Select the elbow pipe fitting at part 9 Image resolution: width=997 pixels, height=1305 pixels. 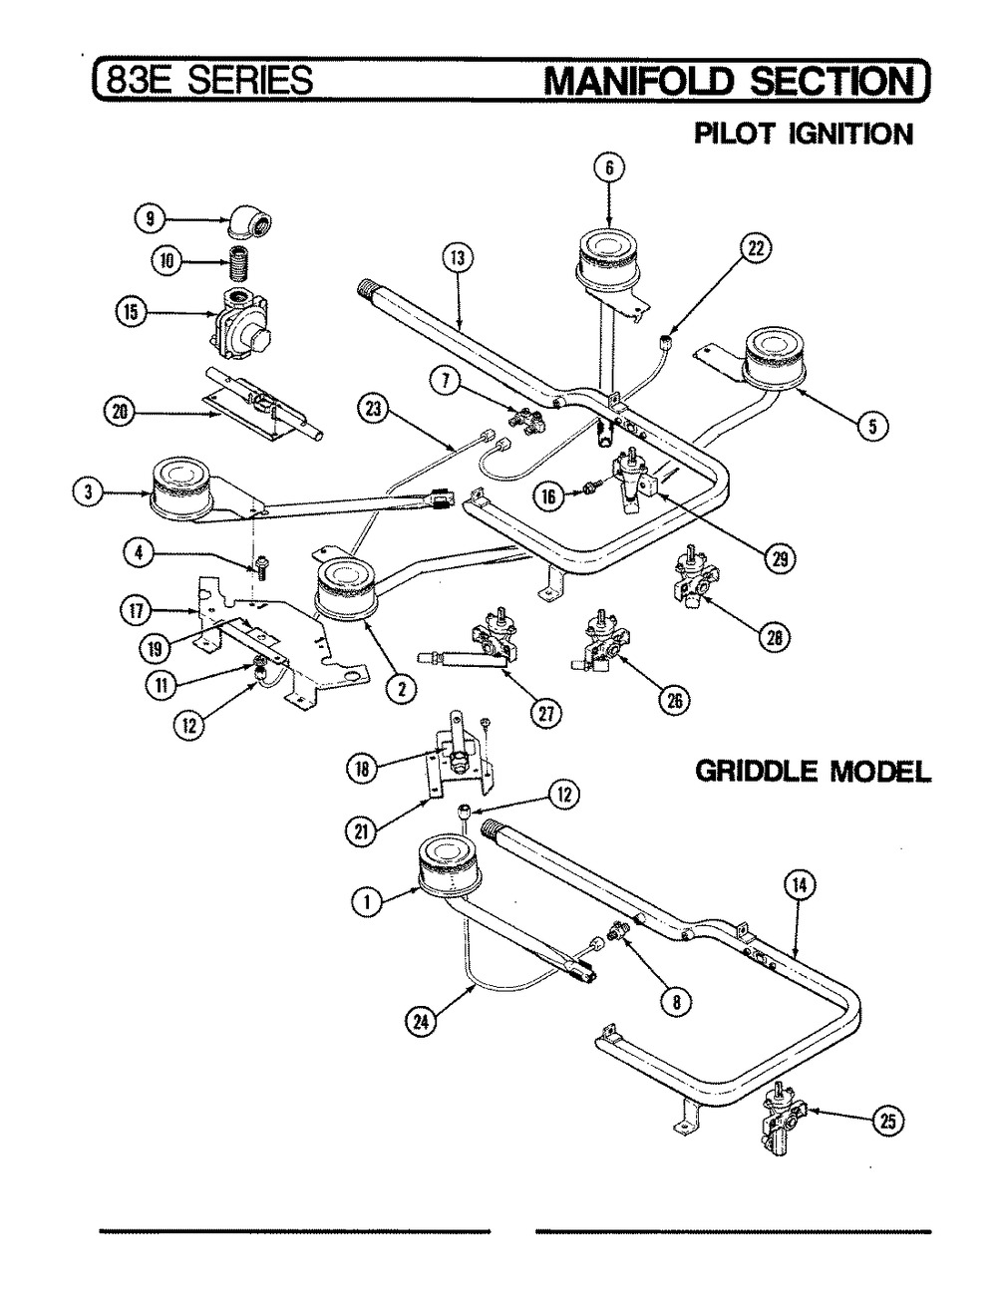pos(249,222)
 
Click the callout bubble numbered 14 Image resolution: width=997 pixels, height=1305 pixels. pos(802,884)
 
